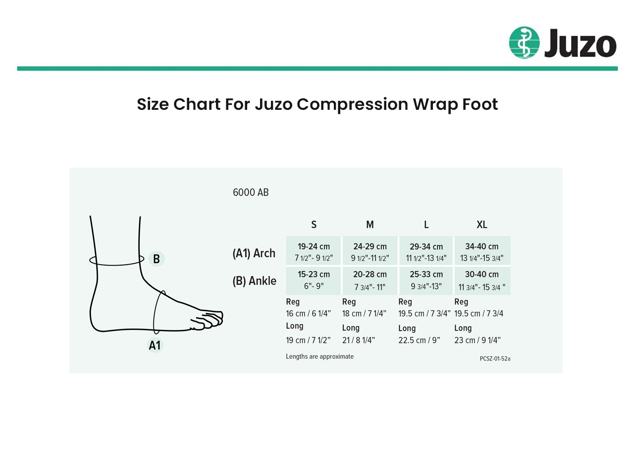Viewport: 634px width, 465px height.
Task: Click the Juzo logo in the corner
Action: (563, 43)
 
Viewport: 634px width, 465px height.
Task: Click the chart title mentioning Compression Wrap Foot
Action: (317, 104)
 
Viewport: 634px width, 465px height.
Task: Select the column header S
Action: (314, 225)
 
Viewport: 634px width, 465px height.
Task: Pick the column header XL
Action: (482, 225)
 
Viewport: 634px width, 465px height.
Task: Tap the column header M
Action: (370, 225)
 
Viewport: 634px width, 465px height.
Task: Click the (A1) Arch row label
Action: (254, 253)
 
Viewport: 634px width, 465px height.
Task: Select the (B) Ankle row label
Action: (254, 281)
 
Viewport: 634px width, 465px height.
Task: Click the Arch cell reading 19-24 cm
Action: (314, 251)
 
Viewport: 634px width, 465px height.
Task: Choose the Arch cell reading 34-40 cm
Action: (482, 251)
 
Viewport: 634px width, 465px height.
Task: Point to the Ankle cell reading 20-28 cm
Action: (370, 280)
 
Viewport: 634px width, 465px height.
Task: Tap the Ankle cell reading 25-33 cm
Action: (426, 280)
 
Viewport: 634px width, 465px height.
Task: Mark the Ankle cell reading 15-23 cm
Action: (314, 280)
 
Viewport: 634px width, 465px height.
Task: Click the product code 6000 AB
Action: (251, 192)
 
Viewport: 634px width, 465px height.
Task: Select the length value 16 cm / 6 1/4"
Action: (308, 314)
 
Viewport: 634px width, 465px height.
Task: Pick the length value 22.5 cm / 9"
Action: (419, 340)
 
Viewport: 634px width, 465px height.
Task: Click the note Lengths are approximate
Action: (319, 357)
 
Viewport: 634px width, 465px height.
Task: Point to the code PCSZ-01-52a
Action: (495, 359)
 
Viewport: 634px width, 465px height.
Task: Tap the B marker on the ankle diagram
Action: (156, 259)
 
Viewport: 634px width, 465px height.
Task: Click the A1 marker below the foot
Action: (155, 345)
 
